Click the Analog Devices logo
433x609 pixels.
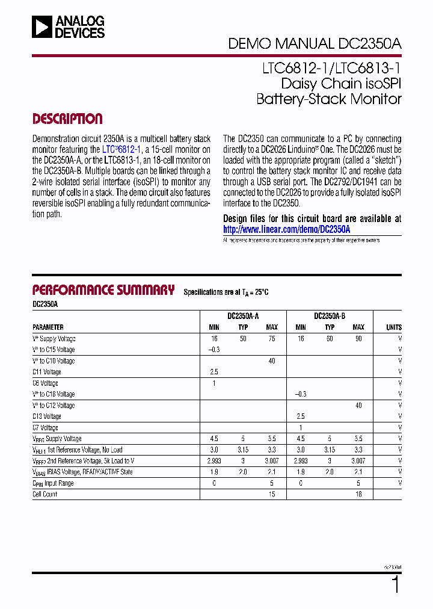point(69,27)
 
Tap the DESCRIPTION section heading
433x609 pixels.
point(67,119)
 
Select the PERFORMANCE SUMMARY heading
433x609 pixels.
point(103,290)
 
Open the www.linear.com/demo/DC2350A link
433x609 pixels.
point(286,229)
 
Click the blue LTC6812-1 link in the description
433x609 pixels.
point(121,149)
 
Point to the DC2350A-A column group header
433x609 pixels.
point(243,316)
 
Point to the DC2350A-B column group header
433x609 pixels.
point(330,316)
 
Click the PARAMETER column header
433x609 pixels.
point(48,327)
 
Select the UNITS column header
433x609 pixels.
point(394,327)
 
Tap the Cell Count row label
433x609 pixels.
point(45,494)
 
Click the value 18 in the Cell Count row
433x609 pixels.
point(358,494)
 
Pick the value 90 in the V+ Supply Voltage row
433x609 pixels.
point(358,339)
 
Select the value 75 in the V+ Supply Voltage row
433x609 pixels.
point(272,339)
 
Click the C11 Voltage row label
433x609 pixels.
point(47,372)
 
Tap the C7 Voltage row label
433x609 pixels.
point(45,428)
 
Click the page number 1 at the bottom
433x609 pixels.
point(395,584)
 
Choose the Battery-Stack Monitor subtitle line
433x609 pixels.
point(328,99)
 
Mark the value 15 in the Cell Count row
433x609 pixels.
point(272,494)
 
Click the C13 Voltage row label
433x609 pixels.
point(47,416)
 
